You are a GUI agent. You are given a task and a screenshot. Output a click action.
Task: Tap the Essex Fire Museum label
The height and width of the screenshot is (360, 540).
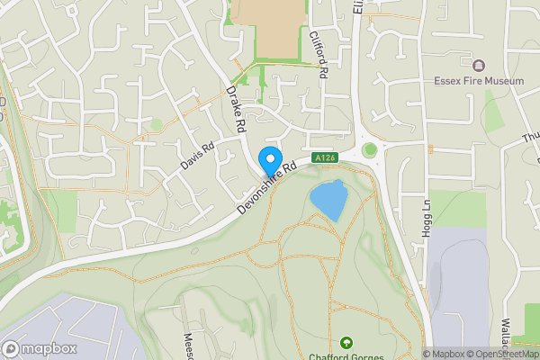click(x=478, y=81)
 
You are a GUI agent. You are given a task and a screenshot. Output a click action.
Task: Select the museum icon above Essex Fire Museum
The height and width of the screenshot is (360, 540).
click(x=478, y=65)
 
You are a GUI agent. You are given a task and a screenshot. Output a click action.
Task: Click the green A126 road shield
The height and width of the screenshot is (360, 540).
click(x=325, y=158)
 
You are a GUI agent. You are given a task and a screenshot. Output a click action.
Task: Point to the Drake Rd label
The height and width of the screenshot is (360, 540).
click(x=236, y=111)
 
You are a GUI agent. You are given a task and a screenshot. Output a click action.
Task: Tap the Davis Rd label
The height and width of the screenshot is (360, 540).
click(x=198, y=156)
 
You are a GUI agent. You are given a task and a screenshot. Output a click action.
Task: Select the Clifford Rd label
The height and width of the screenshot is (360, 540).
click(x=316, y=54)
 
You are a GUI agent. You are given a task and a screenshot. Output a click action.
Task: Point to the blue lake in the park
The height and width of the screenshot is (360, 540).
click(x=328, y=200)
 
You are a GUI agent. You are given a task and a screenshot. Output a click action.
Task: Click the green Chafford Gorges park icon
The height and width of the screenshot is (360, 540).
click(x=346, y=343)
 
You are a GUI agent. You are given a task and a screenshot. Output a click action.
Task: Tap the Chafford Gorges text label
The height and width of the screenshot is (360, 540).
click(x=346, y=356)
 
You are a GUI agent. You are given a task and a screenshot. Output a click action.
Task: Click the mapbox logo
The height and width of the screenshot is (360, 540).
click(x=39, y=348)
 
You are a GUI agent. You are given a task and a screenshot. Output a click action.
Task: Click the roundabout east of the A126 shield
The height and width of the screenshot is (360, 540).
click(x=370, y=149)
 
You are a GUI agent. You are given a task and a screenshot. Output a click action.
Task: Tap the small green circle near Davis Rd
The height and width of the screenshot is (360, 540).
click(x=157, y=124)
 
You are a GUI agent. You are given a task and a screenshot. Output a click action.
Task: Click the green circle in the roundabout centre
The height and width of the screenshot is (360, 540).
click(x=370, y=149)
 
